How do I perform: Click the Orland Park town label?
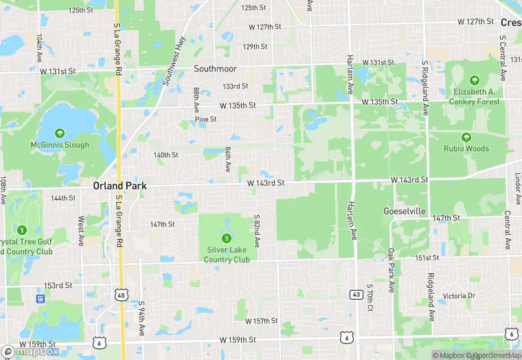117,185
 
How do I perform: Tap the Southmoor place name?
215,69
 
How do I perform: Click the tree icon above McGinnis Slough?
60,133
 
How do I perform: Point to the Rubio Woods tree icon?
466,137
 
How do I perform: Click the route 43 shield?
356,294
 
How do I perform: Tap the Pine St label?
205,119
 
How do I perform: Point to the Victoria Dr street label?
459,296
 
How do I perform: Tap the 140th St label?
166,155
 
